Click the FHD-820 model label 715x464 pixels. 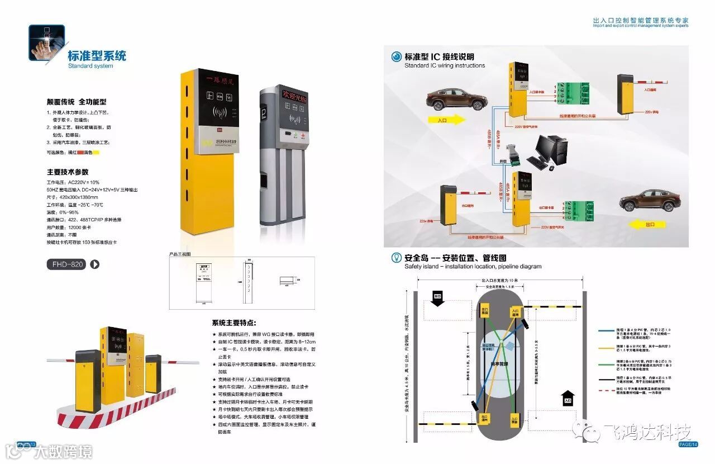tap(66, 264)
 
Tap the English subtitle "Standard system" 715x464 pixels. tap(90, 66)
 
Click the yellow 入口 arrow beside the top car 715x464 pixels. tap(446, 119)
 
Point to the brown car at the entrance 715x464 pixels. tap(456, 100)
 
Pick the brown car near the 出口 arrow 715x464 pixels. tap(650, 200)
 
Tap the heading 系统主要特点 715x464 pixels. tap(234, 323)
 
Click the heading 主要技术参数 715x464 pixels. tap(67, 172)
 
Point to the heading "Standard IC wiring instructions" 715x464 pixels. tap(445, 65)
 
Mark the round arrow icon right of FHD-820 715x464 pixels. tap(95, 264)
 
